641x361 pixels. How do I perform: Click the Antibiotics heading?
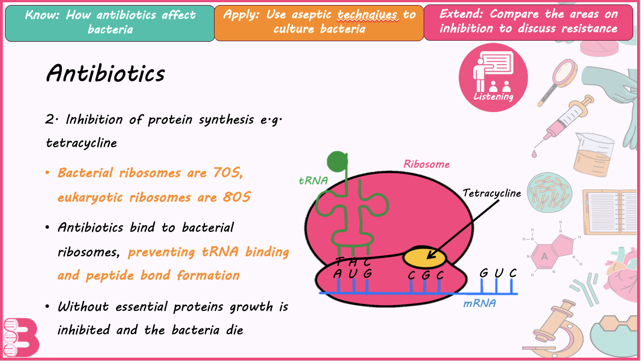tap(105, 74)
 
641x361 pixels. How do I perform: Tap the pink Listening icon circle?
tap(493, 77)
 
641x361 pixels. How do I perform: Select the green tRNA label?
tap(313, 180)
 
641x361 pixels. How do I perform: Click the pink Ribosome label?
tap(426, 164)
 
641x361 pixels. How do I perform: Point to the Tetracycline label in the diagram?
tap(492, 193)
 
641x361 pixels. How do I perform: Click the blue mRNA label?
tap(479, 304)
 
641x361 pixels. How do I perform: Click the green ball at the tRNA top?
tap(337, 162)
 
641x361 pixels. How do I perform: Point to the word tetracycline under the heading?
tap(81, 143)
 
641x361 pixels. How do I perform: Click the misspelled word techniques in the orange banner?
tap(367, 14)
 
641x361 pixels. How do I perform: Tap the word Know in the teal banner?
tap(42, 15)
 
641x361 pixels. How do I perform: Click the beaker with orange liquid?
tap(594, 154)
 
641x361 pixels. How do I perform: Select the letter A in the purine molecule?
tap(544, 256)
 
